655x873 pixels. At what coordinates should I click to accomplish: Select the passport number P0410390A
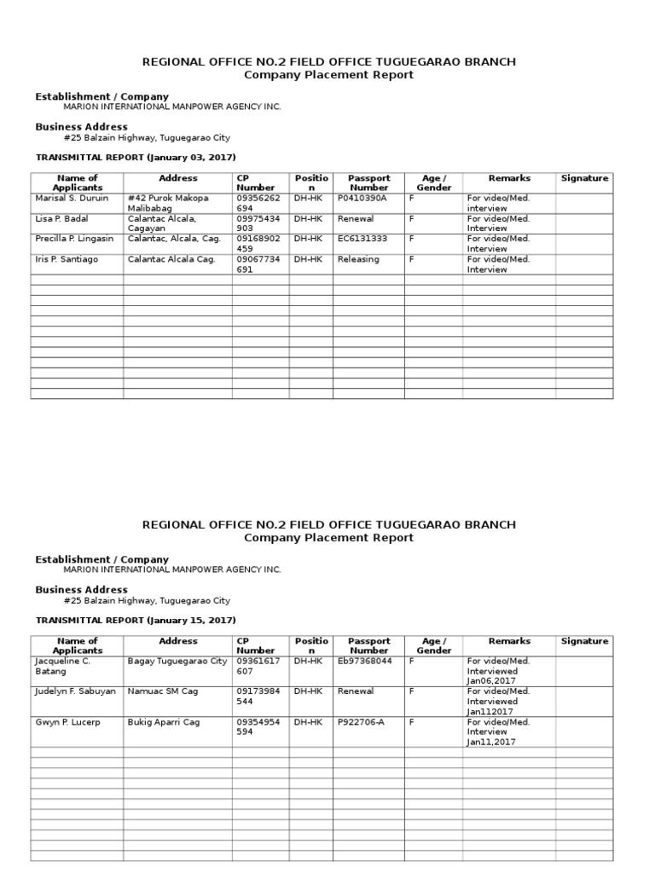[362, 198]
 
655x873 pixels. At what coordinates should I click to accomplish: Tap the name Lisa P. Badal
[61, 218]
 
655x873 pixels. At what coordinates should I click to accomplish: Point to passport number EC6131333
[362, 239]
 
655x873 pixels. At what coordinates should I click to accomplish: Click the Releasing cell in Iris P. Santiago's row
[358, 259]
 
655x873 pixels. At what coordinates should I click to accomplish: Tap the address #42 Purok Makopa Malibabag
[168, 203]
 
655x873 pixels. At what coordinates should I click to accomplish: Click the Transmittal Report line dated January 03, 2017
[136, 158]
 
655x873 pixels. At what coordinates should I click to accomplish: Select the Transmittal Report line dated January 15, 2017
[136, 620]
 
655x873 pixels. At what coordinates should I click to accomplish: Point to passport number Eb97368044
[365, 661]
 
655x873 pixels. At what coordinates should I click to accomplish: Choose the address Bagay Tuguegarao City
[177, 661]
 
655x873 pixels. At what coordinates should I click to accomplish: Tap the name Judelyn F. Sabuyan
[75, 691]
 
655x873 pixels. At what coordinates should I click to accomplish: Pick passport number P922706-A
[362, 722]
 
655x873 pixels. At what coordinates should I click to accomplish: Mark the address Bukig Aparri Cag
[164, 722]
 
